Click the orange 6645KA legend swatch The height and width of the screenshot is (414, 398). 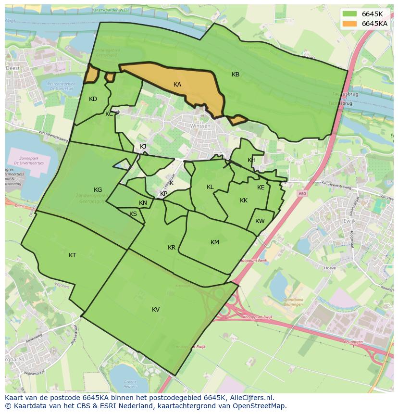(x=350, y=24)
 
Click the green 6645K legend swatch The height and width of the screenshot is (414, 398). (x=350, y=14)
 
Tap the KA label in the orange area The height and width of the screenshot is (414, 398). (x=177, y=85)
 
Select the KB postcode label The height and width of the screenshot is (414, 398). (x=236, y=75)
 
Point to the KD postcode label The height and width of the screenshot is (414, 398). (x=93, y=99)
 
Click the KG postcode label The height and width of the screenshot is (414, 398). (x=98, y=190)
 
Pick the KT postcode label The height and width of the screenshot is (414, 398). (x=72, y=255)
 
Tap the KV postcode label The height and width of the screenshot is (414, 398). (x=156, y=310)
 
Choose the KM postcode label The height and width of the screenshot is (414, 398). (x=215, y=242)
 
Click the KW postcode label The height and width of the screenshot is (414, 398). (x=260, y=221)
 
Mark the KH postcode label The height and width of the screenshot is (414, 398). (x=251, y=160)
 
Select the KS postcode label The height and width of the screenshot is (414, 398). (x=133, y=214)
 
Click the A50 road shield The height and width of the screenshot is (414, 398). (x=302, y=193)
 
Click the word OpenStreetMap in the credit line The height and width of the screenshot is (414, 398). (x=260, y=406)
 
